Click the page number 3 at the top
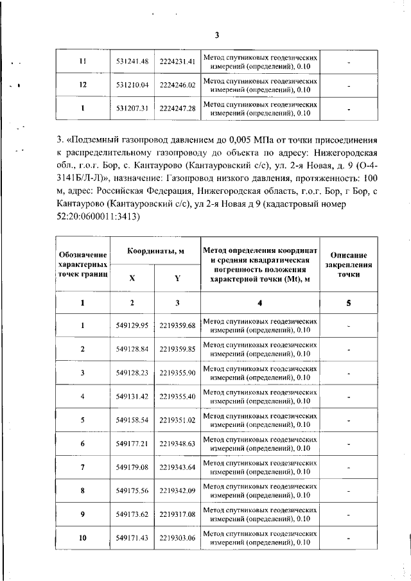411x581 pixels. (x=217, y=35)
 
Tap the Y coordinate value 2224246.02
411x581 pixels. (x=177, y=84)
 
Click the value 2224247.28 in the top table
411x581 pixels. (x=177, y=108)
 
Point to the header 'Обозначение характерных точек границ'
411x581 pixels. (x=82, y=264)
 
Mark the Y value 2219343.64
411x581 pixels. (x=177, y=467)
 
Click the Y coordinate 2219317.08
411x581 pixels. (x=177, y=514)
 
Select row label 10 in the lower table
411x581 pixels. (x=82, y=538)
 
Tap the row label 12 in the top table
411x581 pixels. (x=82, y=84)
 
